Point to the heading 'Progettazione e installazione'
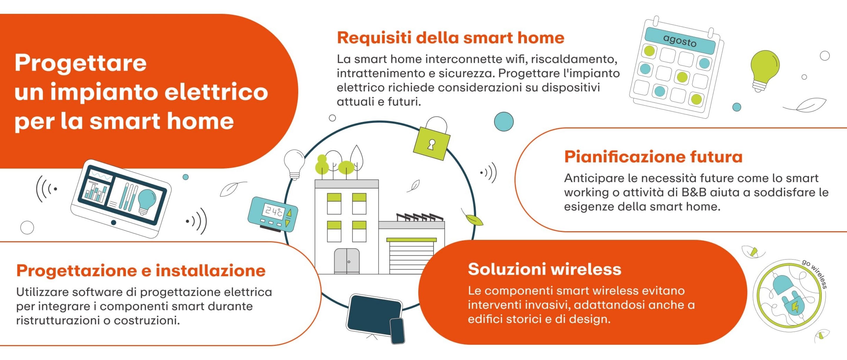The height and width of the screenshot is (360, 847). (x=141, y=271)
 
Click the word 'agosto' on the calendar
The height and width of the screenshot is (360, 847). (x=680, y=41)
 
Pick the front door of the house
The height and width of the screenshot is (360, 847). (x=347, y=261)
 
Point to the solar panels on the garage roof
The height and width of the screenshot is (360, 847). (x=420, y=217)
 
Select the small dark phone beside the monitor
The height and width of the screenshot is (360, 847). (x=397, y=331)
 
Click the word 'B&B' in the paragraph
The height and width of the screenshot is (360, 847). (x=694, y=192)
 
